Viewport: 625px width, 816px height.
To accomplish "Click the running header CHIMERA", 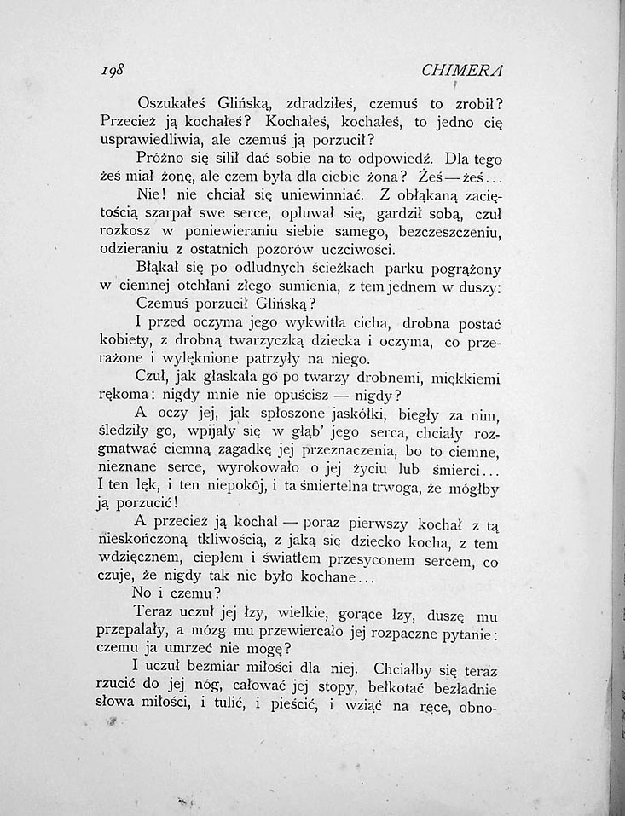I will point(469,70).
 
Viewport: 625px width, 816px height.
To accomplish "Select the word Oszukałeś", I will point(171,101).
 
